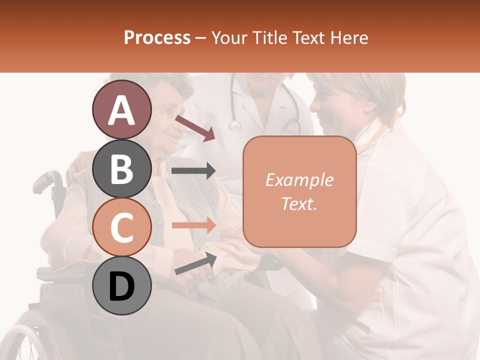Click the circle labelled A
click(x=121, y=109)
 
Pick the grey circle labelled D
click(x=121, y=285)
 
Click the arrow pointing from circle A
click(x=195, y=128)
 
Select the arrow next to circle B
click(x=193, y=171)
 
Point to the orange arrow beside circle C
click(x=193, y=225)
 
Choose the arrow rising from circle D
click(x=195, y=263)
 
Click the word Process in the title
click(x=157, y=37)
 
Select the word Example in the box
click(x=299, y=180)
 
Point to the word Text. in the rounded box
click(x=299, y=203)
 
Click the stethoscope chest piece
click(x=234, y=125)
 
